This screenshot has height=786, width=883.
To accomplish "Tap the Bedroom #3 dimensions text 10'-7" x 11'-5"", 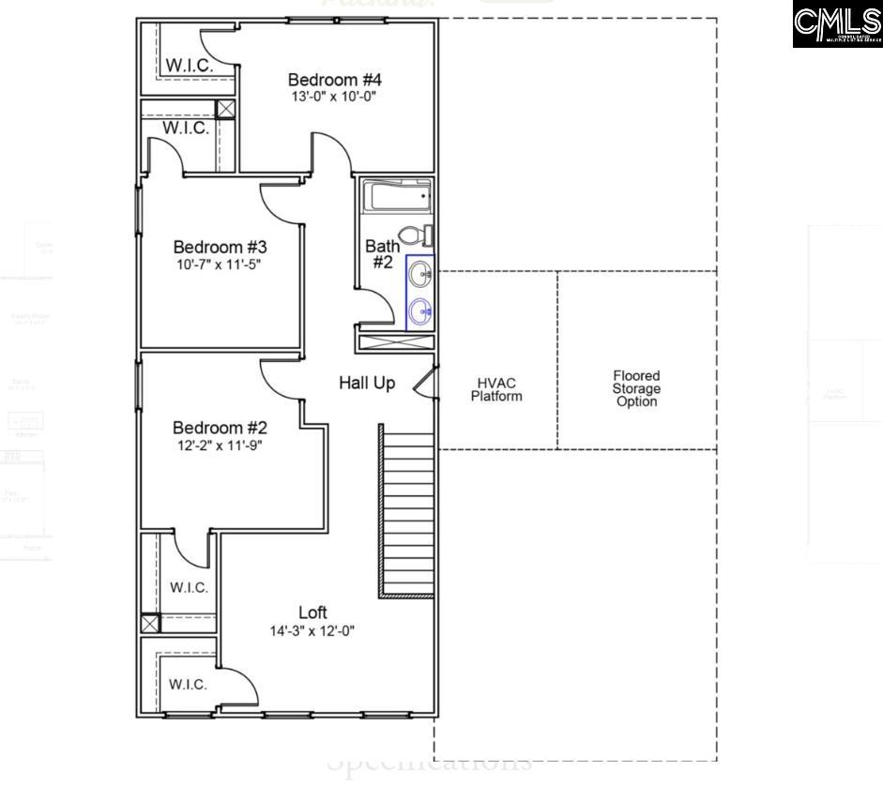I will pyautogui.click(x=220, y=265).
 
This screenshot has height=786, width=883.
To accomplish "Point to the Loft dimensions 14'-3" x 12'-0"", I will pyautogui.click(x=312, y=631).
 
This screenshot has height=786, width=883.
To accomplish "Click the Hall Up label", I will pyautogui.click(x=367, y=383).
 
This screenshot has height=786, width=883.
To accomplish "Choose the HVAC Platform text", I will pyautogui.click(x=496, y=389).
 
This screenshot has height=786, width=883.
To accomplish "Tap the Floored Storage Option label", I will pyautogui.click(x=636, y=388).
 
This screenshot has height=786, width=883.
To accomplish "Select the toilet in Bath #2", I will pyautogui.click(x=414, y=234).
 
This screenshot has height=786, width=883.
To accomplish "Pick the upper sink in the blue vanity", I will pyautogui.click(x=420, y=276).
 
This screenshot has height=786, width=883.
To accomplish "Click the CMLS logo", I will pyautogui.click(x=837, y=24).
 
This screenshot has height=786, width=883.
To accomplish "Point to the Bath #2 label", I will pyautogui.click(x=382, y=254).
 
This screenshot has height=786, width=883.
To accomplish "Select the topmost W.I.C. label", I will pyautogui.click(x=189, y=66).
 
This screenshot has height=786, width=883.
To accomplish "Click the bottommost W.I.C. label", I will pyautogui.click(x=188, y=684).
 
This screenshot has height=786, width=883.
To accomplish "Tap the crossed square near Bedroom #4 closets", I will pyautogui.click(x=225, y=108).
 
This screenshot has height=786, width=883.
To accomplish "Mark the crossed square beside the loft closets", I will pyautogui.click(x=150, y=623).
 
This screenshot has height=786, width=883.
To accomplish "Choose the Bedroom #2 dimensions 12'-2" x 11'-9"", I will pyautogui.click(x=220, y=445).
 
